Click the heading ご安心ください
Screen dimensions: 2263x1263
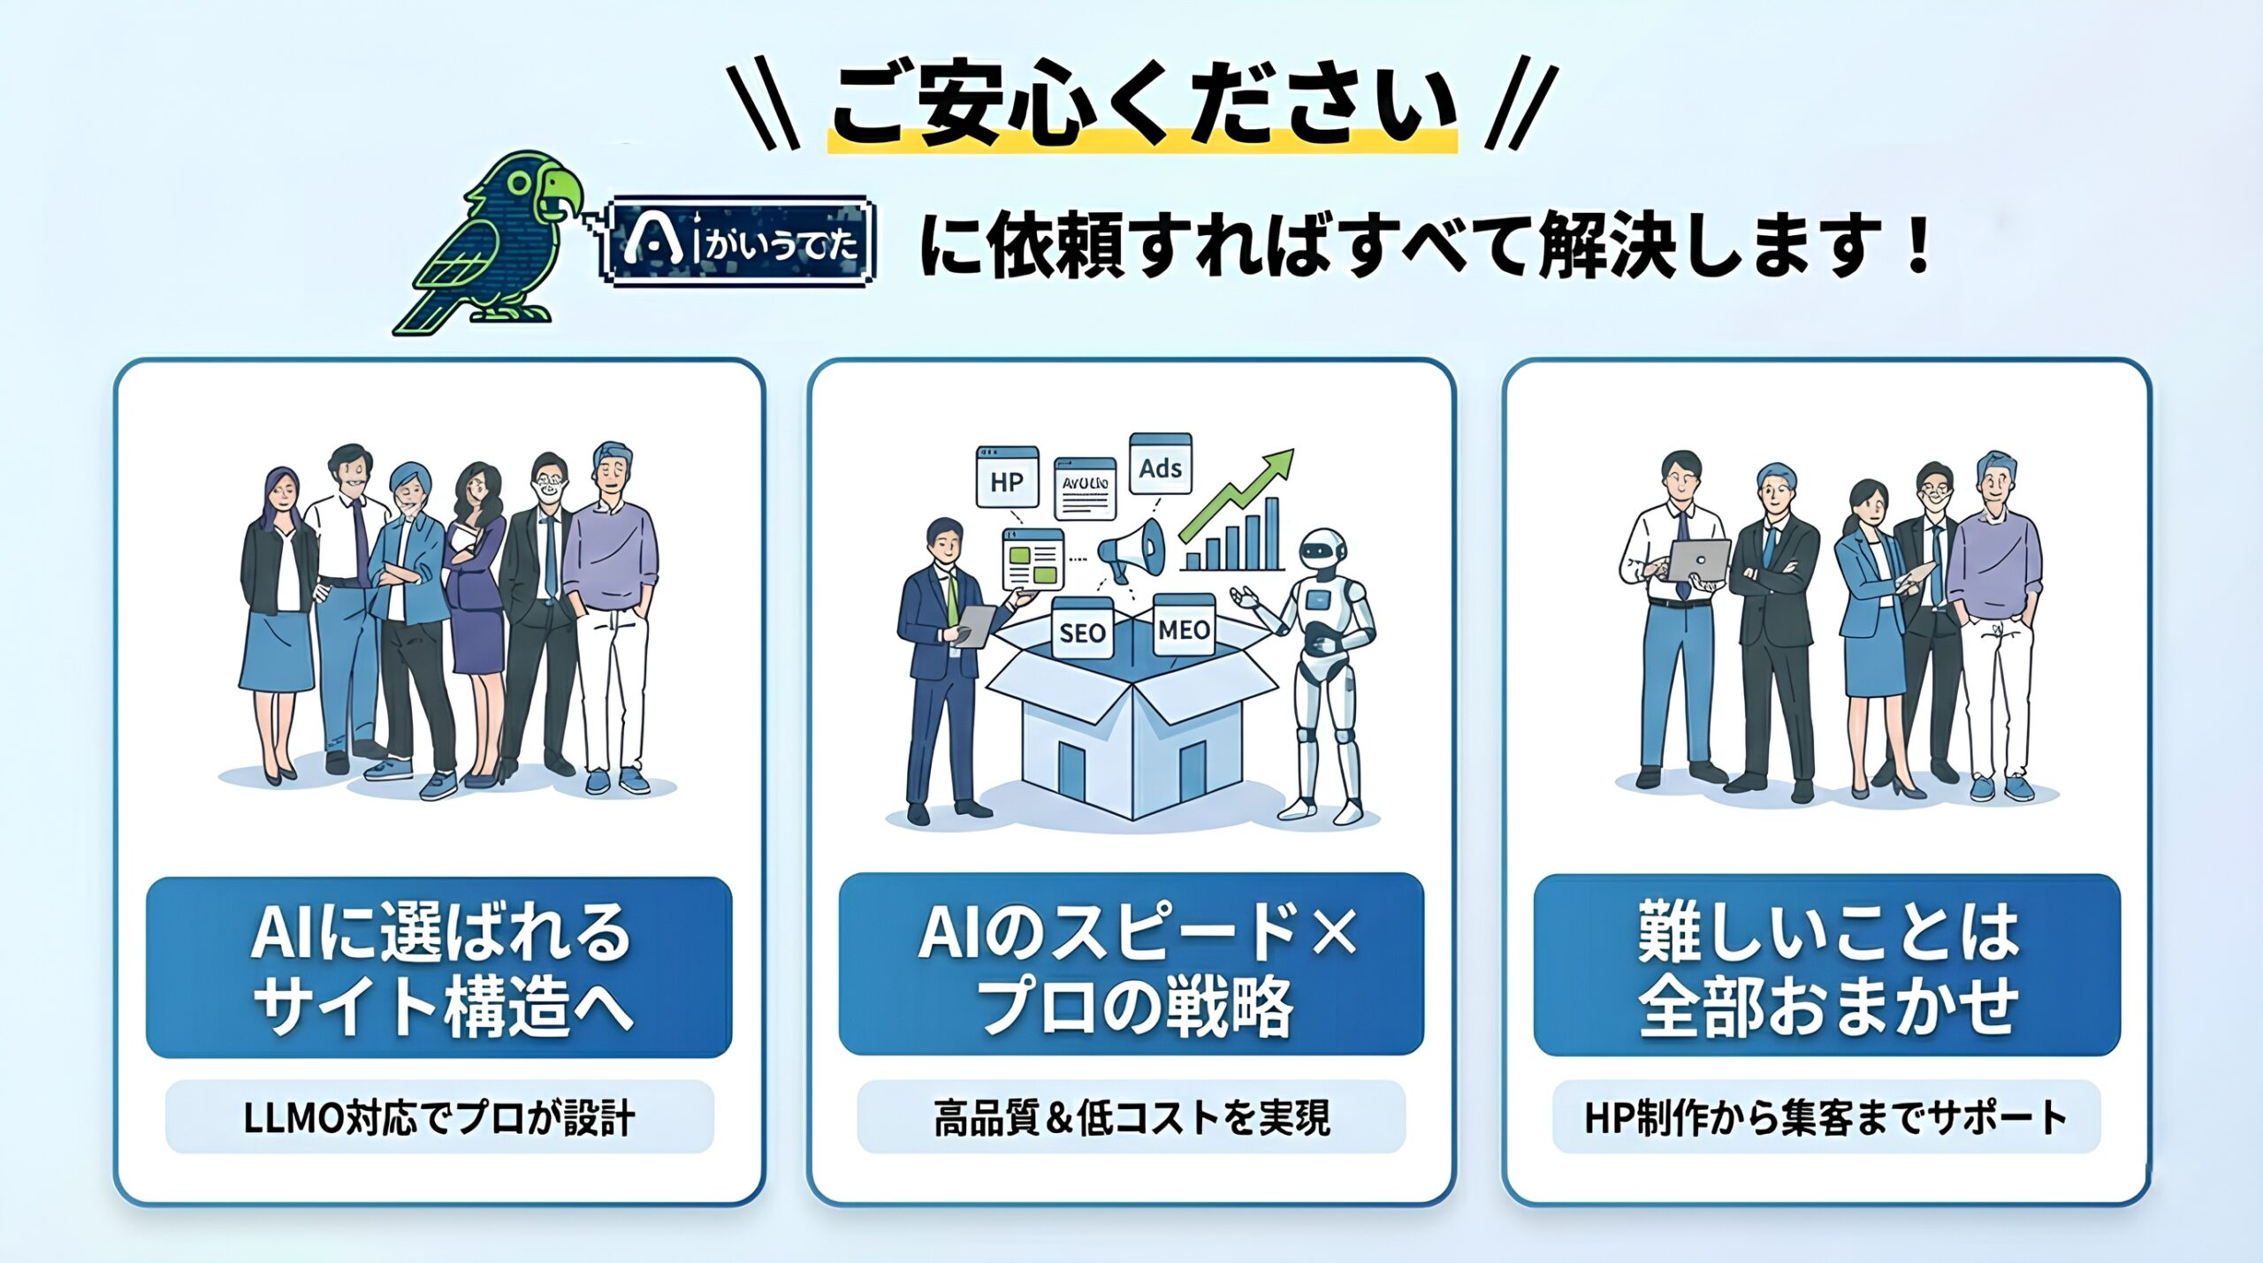[x=1143, y=104]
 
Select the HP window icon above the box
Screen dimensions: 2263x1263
[x=1006, y=477]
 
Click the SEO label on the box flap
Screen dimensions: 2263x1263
[x=1082, y=631]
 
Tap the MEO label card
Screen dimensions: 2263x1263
[x=1185, y=628]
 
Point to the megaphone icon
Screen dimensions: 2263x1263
[x=1131, y=550]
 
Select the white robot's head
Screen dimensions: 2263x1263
[x=1323, y=553]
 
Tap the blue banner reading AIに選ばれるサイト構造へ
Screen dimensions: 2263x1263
[x=439, y=967]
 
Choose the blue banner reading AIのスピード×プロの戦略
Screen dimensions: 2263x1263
[x=1131, y=964]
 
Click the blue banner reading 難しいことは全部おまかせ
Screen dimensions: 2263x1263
[x=1827, y=965]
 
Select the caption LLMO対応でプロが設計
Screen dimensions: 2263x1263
[x=439, y=1117]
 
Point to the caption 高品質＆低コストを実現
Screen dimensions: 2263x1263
[x=1131, y=1117]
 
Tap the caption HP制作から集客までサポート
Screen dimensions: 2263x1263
[x=1826, y=1117]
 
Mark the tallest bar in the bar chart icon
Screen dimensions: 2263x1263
[x=1271, y=533]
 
